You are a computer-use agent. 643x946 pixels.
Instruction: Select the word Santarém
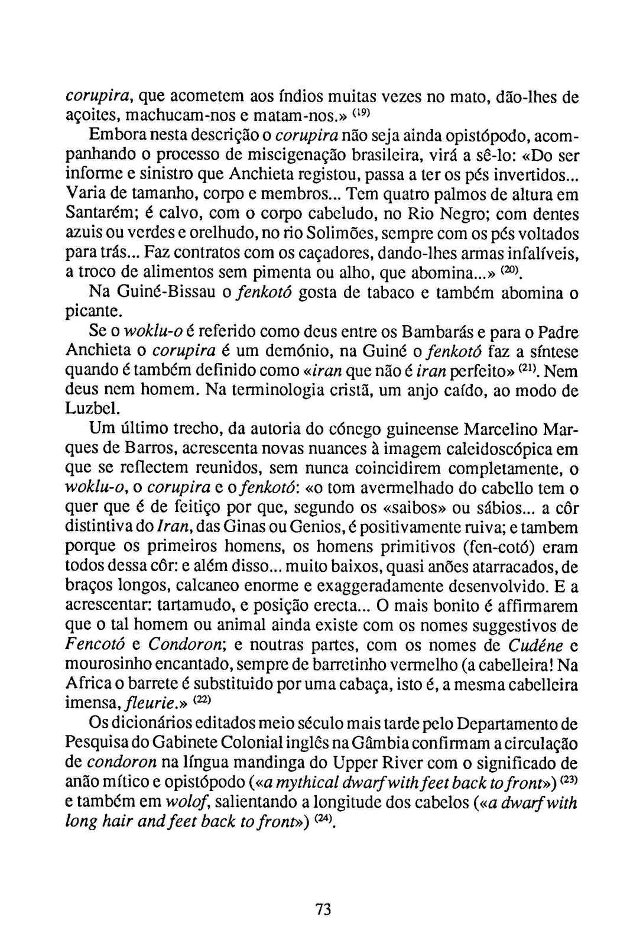pos(93,214)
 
